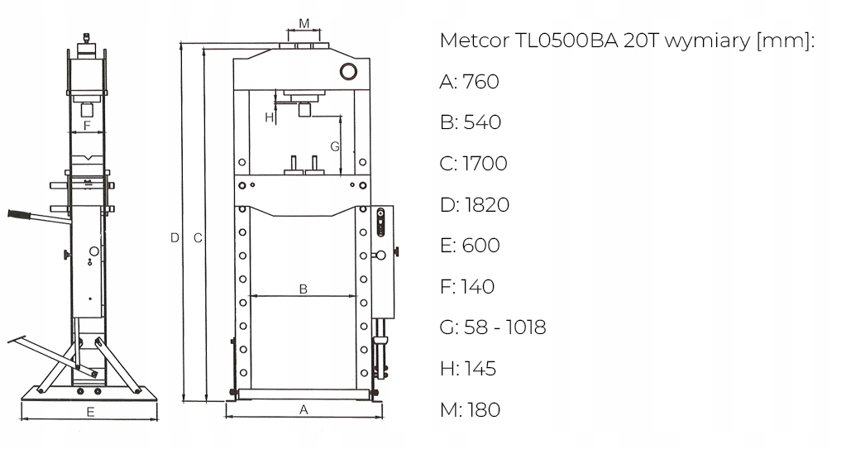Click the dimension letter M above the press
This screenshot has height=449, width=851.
[304, 23]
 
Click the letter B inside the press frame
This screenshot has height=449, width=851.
[304, 289]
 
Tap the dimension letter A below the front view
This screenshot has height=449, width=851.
[304, 408]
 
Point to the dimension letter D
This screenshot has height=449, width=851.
[175, 237]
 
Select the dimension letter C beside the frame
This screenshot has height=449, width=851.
[198, 237]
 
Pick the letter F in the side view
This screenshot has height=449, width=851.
[88, 126]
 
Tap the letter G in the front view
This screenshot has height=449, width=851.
[335, 146]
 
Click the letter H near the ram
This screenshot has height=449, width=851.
[269, 118]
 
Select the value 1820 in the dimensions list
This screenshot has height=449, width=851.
[485, 204]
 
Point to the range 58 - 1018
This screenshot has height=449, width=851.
[504, 327]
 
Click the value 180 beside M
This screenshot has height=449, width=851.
[483, 409]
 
